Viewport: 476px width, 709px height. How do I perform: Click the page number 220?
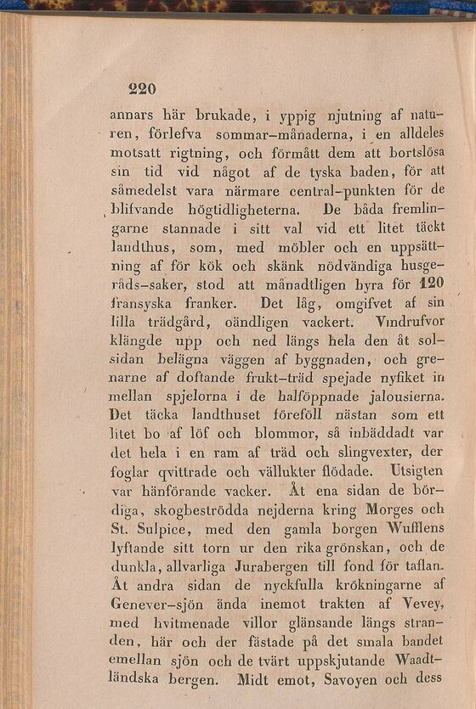point(142,88)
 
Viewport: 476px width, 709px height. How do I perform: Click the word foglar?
point(131,472)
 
